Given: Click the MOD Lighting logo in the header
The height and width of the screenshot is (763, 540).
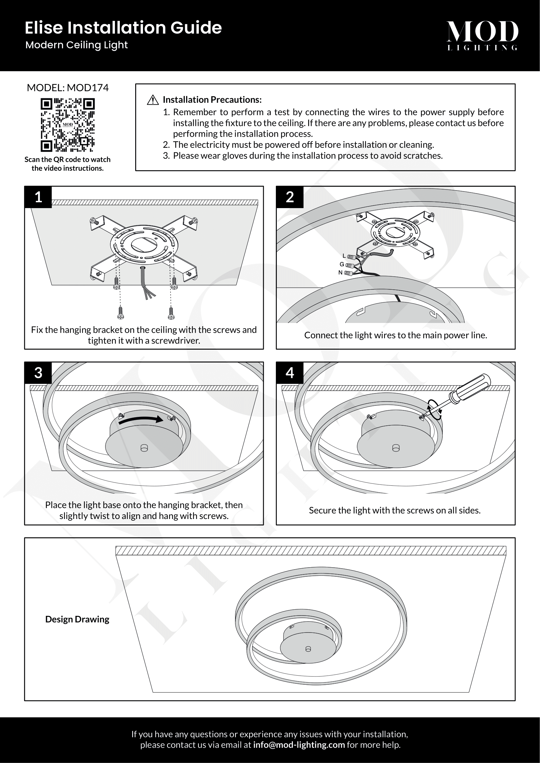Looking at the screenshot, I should pyautogui.click(x=482, y=35).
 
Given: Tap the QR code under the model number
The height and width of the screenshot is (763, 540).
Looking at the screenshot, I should pyautogui.click(x=68, y=125).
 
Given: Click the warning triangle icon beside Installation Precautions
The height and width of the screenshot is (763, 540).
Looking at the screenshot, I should pyautogui.click(x=152, y=100).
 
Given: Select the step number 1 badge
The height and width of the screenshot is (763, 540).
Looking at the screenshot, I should pyautogui.click(x=38, y=197).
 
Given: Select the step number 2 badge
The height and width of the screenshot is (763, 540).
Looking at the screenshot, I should pyautogui.click(x=290, y=197).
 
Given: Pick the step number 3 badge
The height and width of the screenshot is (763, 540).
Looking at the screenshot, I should pyautogui.click(x=38, y=373).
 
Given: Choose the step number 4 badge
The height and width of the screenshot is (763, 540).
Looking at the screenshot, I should pyautogui.click(x=290, y=373).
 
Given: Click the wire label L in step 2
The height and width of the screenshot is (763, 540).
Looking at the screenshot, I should pyautogui.click(x=344, y=256).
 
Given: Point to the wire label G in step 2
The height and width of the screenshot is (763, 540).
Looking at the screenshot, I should pyautogui.click(x=341, y=264).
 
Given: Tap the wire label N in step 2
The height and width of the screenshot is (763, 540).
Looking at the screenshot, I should pyautogui.click(x=340, y=272).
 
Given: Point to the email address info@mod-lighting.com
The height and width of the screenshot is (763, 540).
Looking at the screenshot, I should pyautogui.click(x=299, y=745).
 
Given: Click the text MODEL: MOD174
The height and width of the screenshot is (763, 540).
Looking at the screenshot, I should pyautogui.click(x=68, y=88).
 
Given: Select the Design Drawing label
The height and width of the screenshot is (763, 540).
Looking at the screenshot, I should pyautogui.click(x=77, y=619).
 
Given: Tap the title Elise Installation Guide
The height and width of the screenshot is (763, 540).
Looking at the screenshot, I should pyautogui.click(x=123, y=28).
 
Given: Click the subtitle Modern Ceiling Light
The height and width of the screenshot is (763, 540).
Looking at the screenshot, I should pyautogui.click(x=76, y=45).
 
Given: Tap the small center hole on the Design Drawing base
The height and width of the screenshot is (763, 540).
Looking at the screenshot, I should pyautogui.click(x=308, y=649).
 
